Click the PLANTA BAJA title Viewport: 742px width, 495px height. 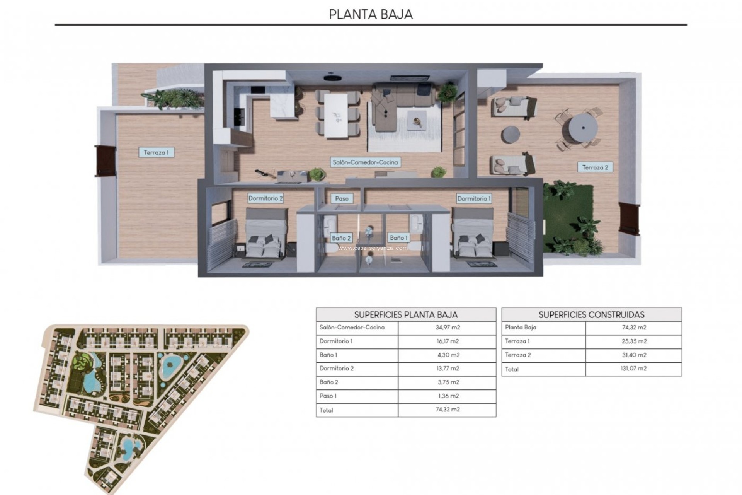371,14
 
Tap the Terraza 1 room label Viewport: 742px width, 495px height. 156,152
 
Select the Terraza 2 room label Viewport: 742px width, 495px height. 595,167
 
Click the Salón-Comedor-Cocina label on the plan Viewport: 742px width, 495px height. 365,162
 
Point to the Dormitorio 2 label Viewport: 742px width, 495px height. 265,198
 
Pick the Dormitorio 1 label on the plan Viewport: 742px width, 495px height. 474,198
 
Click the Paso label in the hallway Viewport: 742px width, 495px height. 342,198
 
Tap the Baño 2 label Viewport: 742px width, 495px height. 341,238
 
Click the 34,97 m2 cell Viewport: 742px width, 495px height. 448,328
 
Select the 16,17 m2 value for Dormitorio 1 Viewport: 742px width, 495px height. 448,341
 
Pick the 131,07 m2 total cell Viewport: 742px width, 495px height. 634,369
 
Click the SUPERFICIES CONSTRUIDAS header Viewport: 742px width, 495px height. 591,314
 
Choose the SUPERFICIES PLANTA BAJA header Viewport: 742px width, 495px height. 406,314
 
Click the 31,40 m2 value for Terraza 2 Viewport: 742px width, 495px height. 634,355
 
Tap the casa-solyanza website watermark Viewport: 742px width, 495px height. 373,248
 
